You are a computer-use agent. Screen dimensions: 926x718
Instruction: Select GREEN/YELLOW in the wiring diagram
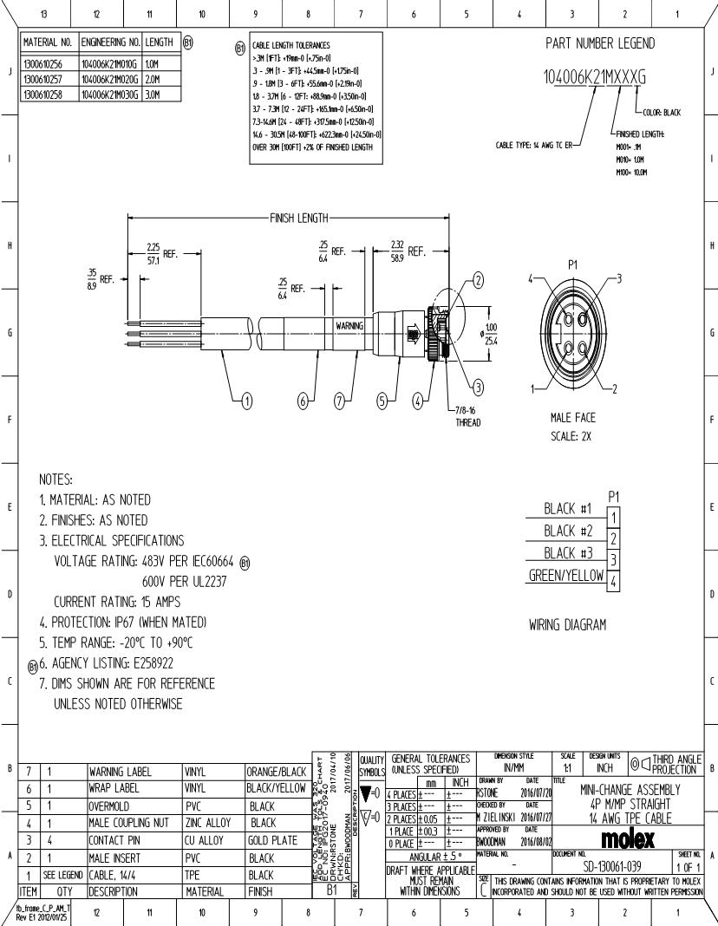click(565, 577)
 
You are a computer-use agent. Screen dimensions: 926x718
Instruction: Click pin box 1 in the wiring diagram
click(614, 518)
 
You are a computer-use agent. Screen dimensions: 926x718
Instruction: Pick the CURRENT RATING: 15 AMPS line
click(126, 602)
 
